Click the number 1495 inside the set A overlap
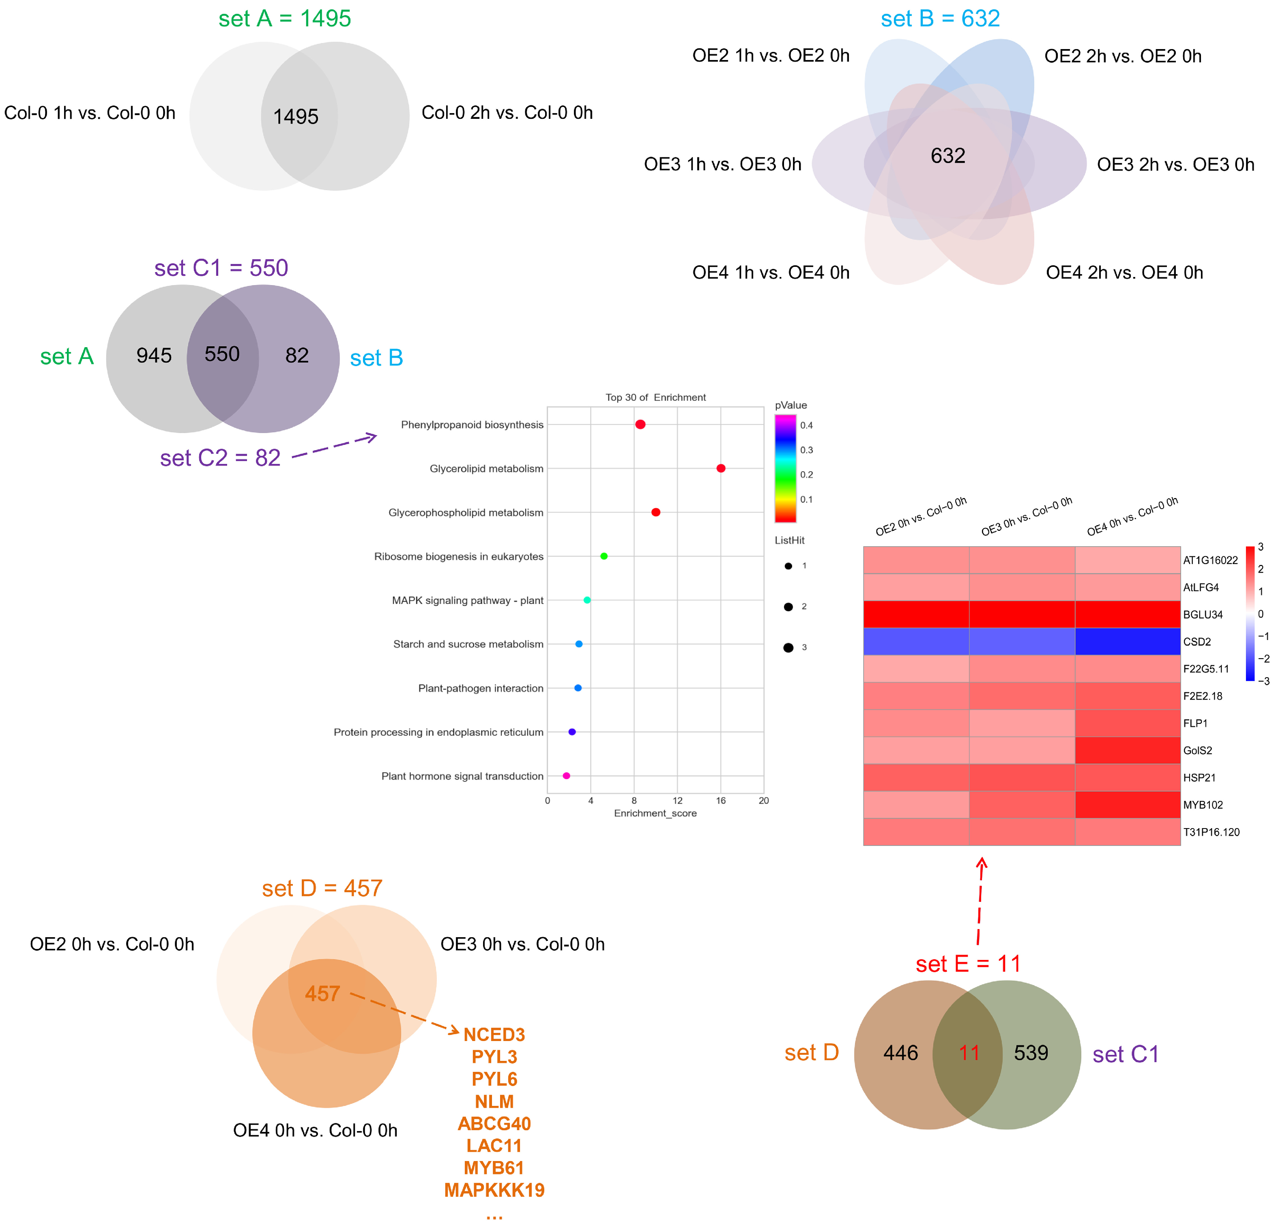point(296,116)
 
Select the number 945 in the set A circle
point(154,355)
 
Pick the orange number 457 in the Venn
point(322,994)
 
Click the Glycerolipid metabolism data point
point(721,468)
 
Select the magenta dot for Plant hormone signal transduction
point(566,776)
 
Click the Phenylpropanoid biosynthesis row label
point(472,425)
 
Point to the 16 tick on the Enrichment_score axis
point(721,801)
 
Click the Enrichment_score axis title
point(655,814)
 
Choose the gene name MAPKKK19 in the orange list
point(494,1190)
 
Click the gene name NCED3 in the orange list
point(494,1035)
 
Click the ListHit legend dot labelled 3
point(788,648)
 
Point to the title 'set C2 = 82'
point(220,458)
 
